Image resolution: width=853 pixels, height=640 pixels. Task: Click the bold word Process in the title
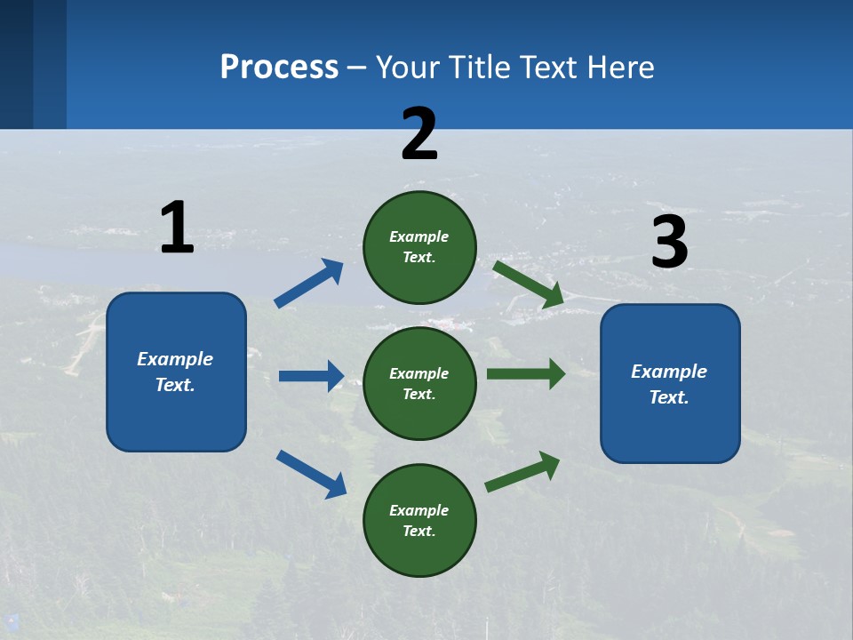279,67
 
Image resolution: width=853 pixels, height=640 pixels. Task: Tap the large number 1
177,228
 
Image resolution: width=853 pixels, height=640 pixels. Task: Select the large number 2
419,134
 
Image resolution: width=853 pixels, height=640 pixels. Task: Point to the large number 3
669,243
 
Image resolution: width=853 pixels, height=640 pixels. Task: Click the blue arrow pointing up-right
308,284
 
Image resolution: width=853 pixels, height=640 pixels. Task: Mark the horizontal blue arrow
311,376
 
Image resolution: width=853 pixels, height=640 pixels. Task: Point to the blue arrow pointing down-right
311,473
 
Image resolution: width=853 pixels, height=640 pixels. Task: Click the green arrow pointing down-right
529,284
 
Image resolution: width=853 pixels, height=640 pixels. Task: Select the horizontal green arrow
526,373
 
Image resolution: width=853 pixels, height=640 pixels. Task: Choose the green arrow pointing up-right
522,472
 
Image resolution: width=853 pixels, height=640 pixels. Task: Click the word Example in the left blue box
175,359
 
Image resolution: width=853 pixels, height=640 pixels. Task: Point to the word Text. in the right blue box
669,397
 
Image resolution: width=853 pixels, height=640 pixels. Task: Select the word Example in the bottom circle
419,510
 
